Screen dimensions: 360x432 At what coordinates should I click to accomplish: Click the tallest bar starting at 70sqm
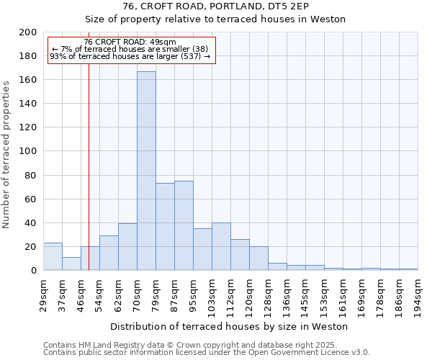[x=146, y=171]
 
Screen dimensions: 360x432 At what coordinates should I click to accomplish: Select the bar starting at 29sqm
[x=53, y=256]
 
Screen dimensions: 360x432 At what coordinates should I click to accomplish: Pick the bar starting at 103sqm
[x=221, y=246]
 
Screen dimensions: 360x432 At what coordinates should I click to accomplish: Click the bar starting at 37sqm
[x=71, y=264]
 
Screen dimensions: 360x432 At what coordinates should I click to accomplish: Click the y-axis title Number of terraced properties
[x=7, y=155]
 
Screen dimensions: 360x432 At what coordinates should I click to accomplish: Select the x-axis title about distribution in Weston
[x=229, y=326]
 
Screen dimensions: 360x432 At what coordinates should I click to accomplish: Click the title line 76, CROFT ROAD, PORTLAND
[x=215, y=6]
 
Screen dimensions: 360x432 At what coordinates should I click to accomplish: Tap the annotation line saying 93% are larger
[x=130, y=56]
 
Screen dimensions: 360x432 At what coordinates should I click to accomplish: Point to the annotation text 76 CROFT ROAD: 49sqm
[x=130, y=42]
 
